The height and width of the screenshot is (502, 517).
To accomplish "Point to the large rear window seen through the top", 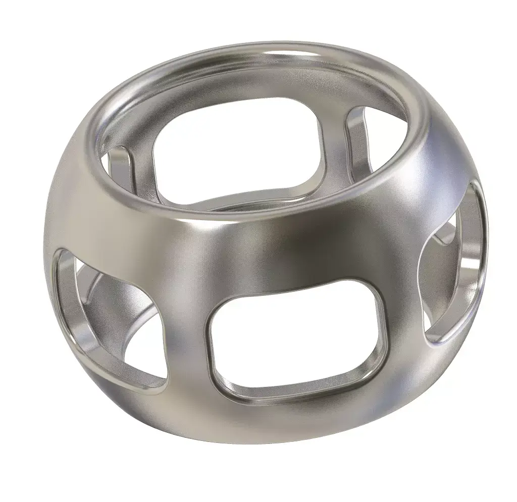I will click(x=237, y=152).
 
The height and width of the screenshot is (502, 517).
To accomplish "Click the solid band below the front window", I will click(x=298, y=424).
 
